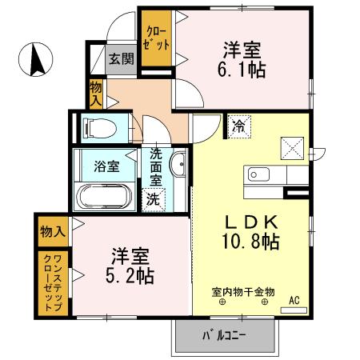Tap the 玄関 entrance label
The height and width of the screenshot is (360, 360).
122,58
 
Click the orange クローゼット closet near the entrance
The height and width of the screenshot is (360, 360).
156,39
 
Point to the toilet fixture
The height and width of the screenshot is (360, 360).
99,126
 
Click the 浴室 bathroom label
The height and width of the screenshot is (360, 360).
107,166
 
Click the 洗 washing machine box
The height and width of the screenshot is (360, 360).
152,200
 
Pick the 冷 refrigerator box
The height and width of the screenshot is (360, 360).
239,125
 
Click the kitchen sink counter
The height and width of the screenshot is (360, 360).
264,174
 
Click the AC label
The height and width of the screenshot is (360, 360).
293,300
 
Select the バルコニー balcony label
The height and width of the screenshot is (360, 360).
225,335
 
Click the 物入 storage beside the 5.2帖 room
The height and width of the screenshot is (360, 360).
52,231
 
